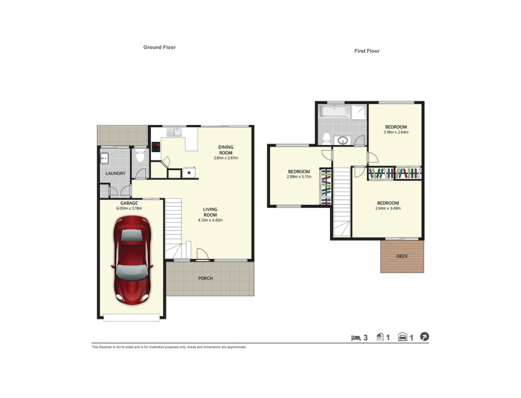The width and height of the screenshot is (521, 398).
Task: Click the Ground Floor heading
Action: coord(159,47)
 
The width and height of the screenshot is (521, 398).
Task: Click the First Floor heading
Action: coord(367,51)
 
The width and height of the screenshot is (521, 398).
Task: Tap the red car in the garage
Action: coord(132,260)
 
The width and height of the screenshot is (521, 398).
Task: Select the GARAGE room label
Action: coord(129,203)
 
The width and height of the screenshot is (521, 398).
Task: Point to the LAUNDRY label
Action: coord(115,173)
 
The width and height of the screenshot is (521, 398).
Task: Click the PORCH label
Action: coord(205,279)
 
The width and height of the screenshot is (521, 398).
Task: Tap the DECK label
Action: coord(402,256)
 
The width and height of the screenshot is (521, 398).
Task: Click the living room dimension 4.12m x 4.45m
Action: coord(210,220)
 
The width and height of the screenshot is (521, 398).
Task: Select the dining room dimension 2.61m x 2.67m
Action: coord(226,158)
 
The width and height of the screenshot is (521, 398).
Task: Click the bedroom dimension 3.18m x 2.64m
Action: coord(396,132)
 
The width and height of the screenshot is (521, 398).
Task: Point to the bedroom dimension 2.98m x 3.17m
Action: coord(299,177)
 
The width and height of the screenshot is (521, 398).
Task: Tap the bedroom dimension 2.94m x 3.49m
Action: coord(388,208)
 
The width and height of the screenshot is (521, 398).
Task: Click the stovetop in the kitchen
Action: coord(156,147)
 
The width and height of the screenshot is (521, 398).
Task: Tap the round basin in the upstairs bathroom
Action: coord(343,141)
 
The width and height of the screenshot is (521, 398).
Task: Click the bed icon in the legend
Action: coord(356,338)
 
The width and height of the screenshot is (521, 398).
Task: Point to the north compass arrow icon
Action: coord(424,336)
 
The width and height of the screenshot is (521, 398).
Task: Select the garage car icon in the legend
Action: coord(403,337)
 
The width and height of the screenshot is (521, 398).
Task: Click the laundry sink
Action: coord(105,158)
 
